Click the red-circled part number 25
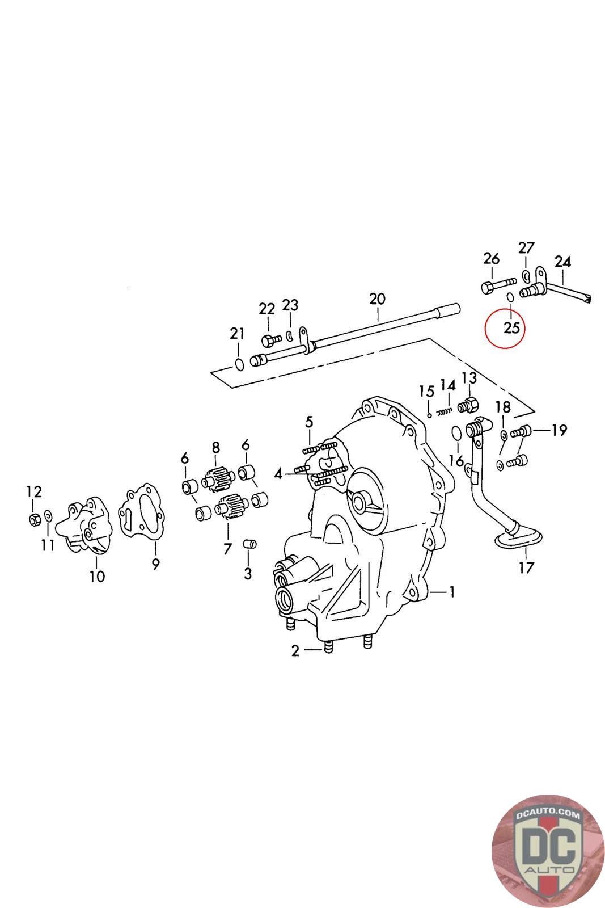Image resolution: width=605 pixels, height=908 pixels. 511,327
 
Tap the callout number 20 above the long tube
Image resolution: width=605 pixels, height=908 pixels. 377,299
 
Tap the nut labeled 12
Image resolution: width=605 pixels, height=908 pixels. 34,518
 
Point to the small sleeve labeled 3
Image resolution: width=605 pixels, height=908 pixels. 249,545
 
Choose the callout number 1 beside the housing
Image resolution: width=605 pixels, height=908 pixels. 452,592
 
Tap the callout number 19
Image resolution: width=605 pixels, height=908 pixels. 559,430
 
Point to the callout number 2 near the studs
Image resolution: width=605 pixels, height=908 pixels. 295,651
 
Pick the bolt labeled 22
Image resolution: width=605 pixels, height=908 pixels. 270,340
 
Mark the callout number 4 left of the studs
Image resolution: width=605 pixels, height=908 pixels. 278,473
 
